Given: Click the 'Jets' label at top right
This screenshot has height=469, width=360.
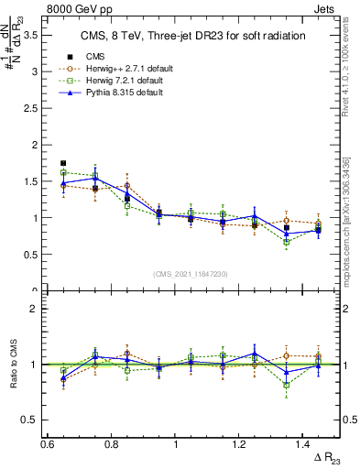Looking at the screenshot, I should click(x=326, y=7).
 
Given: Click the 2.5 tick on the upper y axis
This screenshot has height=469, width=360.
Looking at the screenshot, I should click(x=37, y=108).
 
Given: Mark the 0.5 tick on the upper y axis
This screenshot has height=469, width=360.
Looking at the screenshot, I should click(x=37, y=255).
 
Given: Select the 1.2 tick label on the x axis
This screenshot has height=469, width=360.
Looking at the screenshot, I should click(x=242, y=443).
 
